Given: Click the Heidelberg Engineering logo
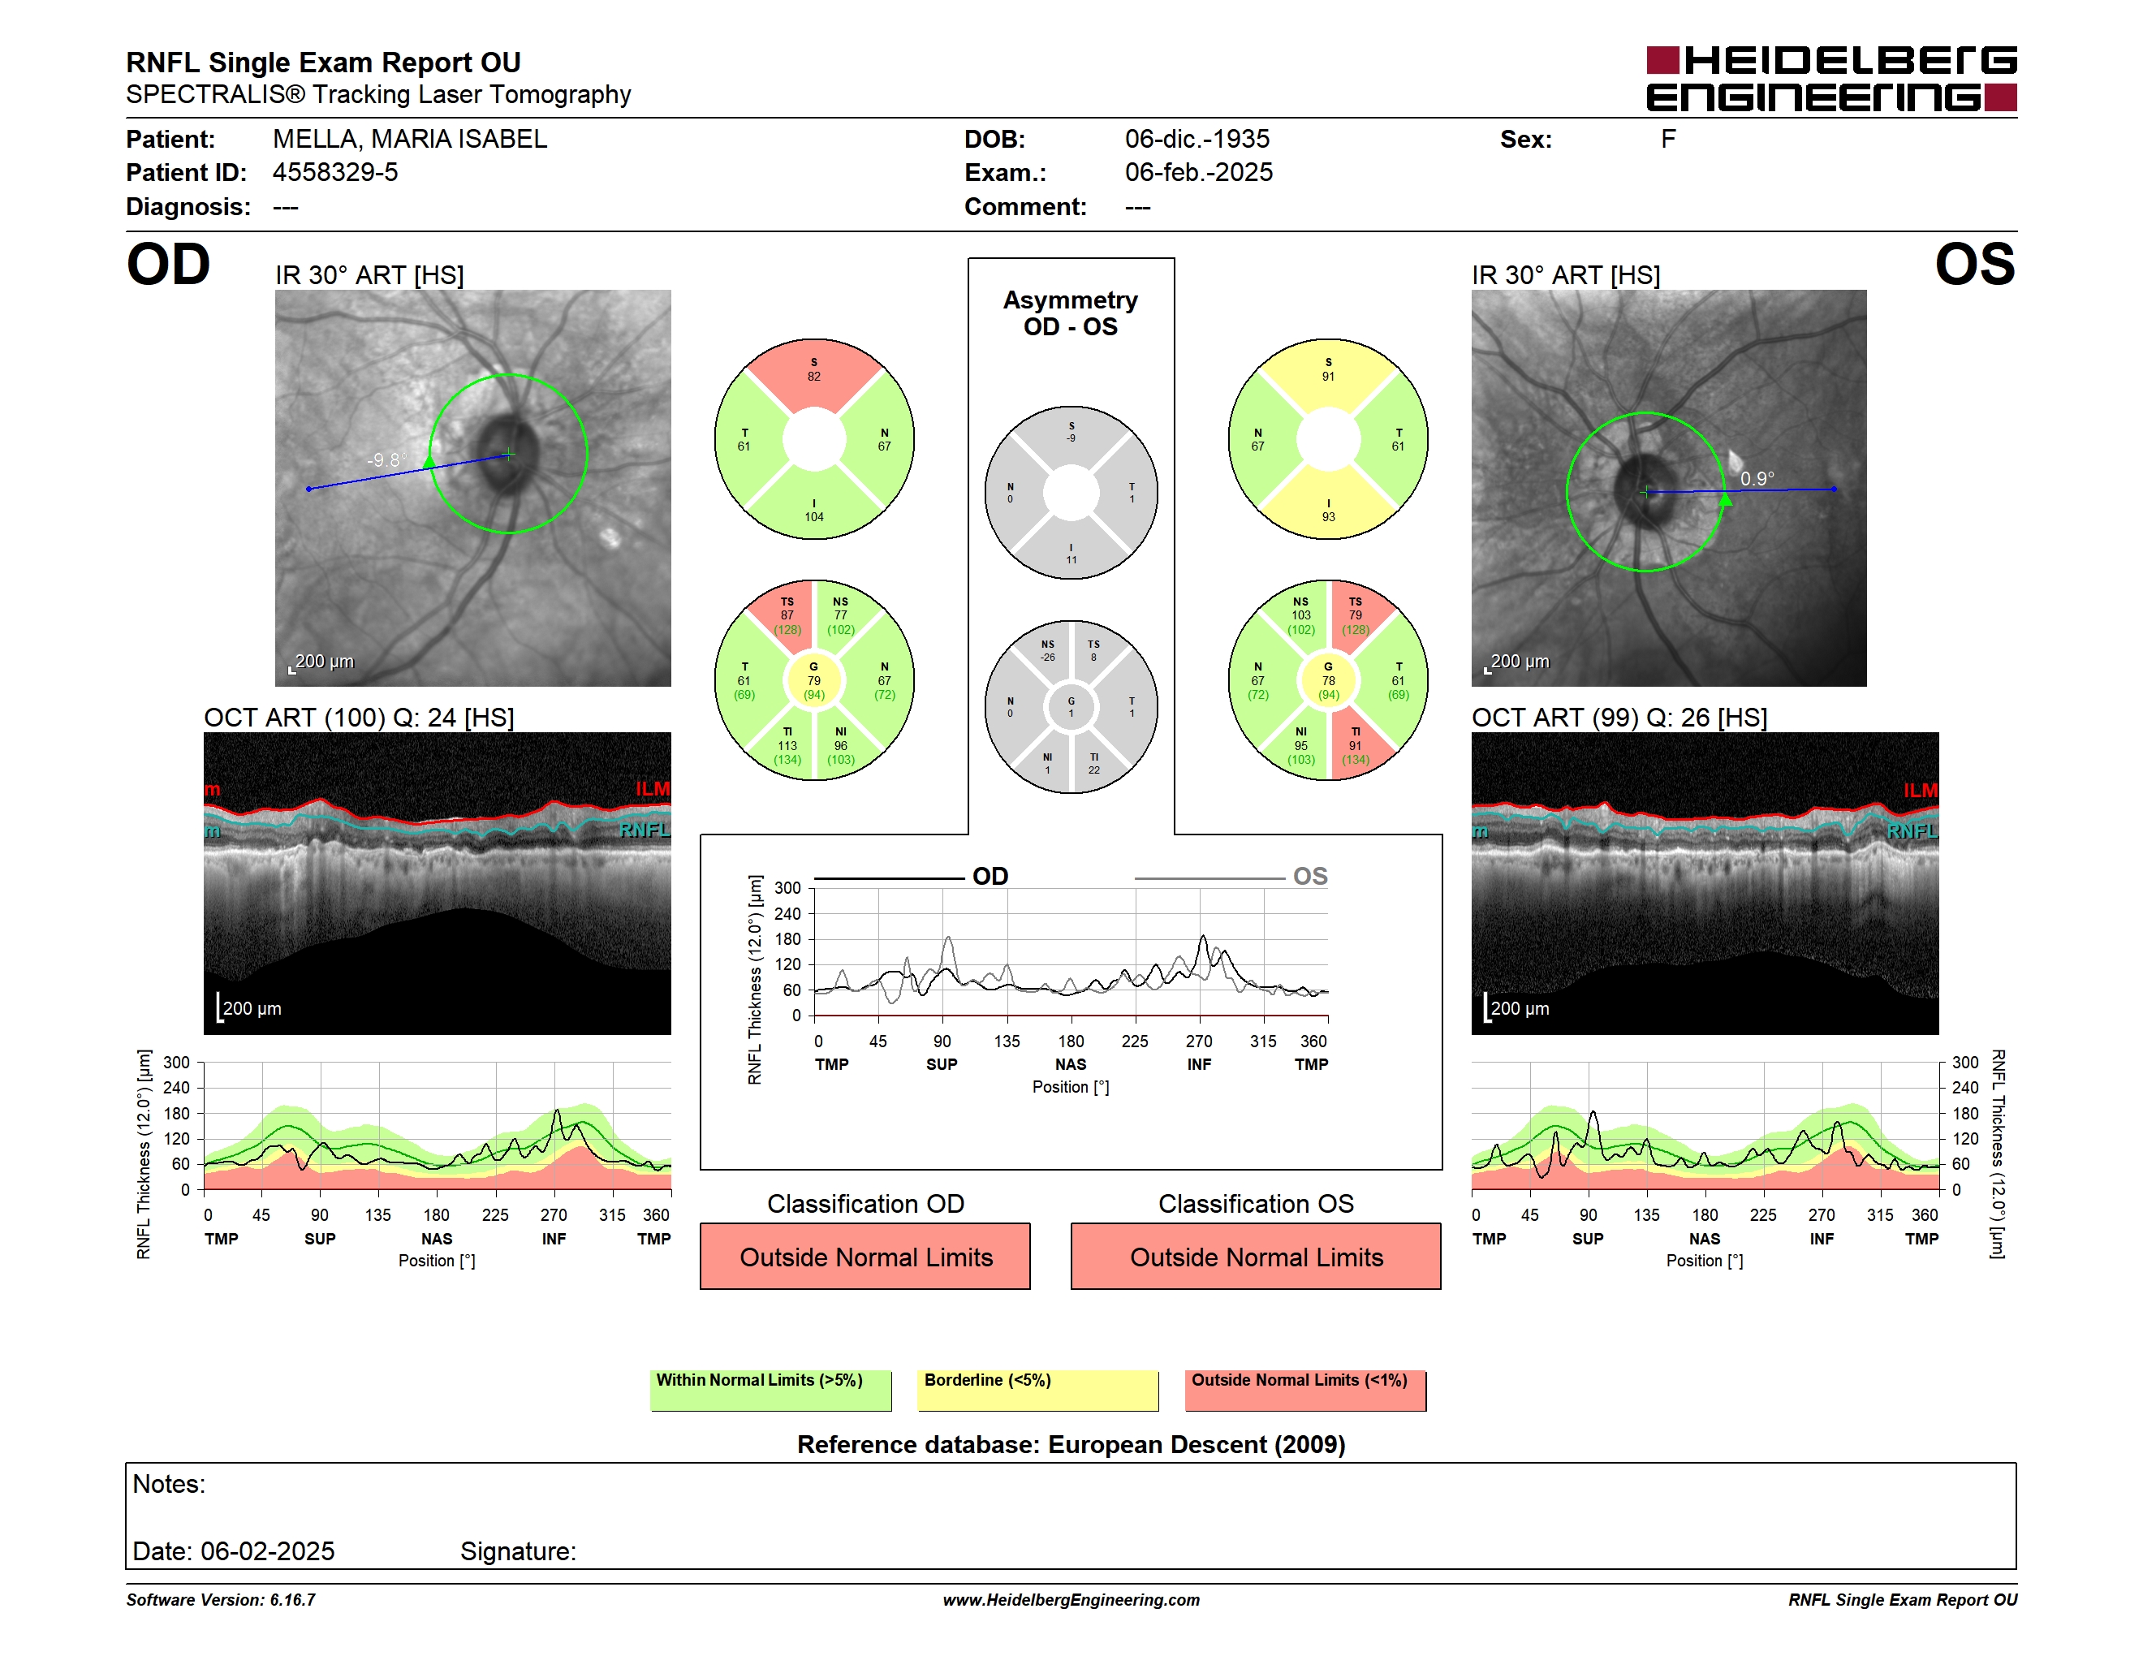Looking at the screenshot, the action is tap(1831, 79).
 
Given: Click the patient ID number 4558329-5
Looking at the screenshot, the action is tap(334, 173).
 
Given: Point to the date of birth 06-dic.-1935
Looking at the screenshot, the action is tap(1197, 140).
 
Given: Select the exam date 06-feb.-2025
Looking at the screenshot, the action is tap(1198, 173).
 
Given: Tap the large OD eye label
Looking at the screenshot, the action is tap(168, 265).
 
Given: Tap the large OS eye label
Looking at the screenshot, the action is tap(1974, 265).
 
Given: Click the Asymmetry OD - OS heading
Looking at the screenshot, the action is tap(1071, 313).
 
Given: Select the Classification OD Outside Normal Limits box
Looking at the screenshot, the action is tap(865, 1256).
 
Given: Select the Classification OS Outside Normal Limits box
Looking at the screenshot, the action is tap(1256, 1256).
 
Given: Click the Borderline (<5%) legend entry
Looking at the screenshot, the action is tap(1037, 1390).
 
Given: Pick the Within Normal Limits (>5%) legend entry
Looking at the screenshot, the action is tap(770, 1390).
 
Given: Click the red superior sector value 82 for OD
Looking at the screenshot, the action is tap(814, 377).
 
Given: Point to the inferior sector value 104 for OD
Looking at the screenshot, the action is tap(814, 517).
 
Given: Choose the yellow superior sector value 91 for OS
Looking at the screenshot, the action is tap(1327, 377).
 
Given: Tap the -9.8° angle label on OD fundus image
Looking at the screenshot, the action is tap(386, 460).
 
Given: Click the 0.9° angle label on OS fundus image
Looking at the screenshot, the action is tap(1757, 479).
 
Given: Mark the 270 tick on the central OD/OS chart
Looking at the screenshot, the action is tap(1199, 1041).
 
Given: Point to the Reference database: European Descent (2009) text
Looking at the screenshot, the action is tap(1071, 1444).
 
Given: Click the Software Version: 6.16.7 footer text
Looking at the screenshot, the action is tap(221, 1600).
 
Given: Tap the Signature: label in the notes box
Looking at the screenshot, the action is tap(518, 1551).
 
